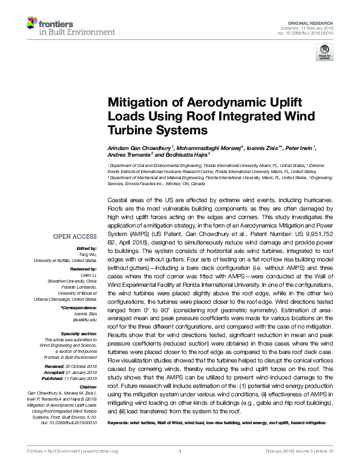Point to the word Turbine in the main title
click(129, 129)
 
